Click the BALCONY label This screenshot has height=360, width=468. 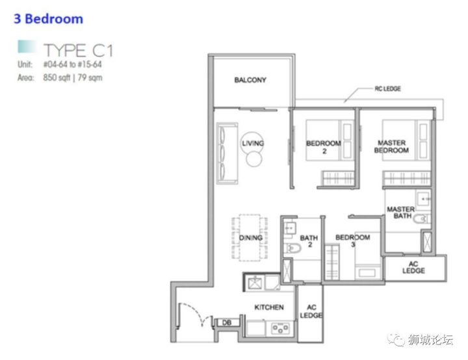250,80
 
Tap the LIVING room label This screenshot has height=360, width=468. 253,143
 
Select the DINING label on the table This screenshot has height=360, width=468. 251,238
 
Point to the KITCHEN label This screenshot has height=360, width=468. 269,307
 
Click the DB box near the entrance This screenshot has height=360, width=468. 227,322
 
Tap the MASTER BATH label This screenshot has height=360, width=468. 401,212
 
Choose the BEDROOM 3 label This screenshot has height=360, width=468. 353,240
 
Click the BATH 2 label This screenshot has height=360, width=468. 309,241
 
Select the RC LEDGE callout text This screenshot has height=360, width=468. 387,88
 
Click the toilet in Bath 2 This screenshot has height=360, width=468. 292,248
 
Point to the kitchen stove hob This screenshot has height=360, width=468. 280,328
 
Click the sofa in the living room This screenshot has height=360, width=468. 227,153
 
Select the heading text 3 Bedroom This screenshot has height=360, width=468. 48,19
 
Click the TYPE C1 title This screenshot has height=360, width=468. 78,50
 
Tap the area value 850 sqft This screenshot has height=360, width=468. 57,77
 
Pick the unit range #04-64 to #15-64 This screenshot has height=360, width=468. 73,64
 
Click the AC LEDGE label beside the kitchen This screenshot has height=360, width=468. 311,311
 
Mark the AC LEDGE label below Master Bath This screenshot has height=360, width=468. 413,267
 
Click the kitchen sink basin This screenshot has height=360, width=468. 255,283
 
